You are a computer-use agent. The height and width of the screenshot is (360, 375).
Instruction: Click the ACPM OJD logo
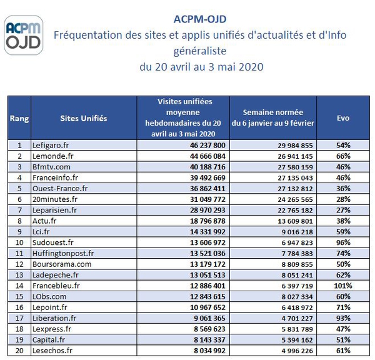click(24, 35)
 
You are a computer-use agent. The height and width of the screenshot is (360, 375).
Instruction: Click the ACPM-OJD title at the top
click(200, 19)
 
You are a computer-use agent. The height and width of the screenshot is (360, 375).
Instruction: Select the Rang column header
click(19, 118)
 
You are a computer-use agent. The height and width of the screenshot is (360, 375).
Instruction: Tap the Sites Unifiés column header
click(84, 118)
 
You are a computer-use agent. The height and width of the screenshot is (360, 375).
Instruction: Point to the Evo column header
click(343, 118)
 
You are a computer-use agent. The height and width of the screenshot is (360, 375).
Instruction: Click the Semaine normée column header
click(273, 117)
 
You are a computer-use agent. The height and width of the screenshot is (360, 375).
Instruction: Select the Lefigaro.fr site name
click(51, 145)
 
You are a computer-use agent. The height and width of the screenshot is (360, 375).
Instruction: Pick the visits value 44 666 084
click(207, 156)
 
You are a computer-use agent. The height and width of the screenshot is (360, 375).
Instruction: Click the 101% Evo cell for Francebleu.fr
click(343, 286)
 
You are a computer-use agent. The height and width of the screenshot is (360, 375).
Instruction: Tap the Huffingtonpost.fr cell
click(63, 253)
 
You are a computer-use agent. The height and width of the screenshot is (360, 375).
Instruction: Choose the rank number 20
click(19, 351)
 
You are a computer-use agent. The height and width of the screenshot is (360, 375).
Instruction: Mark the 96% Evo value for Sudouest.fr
click(343, 242)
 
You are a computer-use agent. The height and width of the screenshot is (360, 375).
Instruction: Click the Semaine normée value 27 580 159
click(295, 167)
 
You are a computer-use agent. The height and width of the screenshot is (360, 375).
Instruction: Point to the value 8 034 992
click(209, 351)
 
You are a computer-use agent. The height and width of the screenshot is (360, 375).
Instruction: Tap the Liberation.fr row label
click(54, 318)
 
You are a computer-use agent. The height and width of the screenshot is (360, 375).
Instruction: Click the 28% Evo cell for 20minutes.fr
click(343, 199)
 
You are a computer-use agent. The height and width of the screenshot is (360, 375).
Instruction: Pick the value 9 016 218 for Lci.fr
click(297, 232)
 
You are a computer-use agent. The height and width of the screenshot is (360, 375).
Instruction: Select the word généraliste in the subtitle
click(200, 51)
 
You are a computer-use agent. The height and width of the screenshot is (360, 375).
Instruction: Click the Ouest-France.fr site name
click(60, 189)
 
